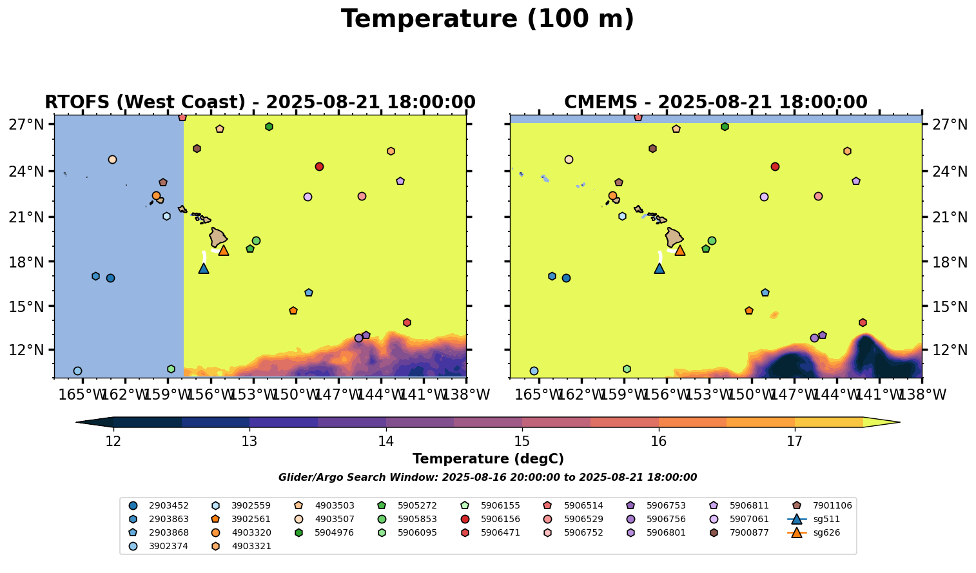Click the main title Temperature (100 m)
click(487, 19)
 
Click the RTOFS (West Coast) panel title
click(260, 102)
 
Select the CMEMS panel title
click(716, 102)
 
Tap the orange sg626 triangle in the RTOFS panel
click(223, 251)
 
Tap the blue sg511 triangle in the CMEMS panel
click(659, 269)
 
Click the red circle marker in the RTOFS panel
click(319, 166)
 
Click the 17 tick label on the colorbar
click(794, 442)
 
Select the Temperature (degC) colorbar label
click(488, 459)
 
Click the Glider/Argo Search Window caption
click(487, 478)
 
